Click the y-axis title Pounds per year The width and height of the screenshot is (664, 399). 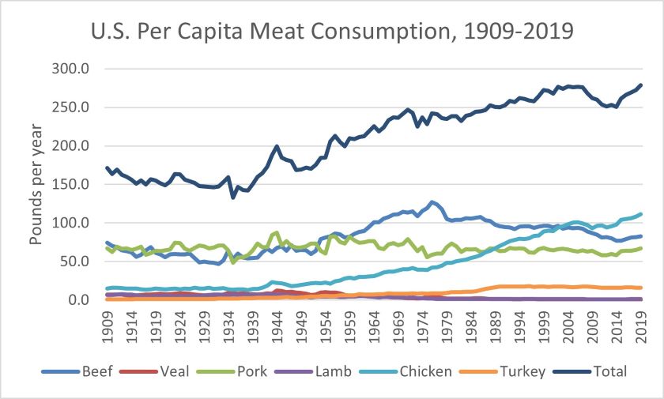click(x=38, y=183)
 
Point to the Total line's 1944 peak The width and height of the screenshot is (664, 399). click(x=277, y=146)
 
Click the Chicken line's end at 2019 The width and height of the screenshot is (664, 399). click(x=639, y=214)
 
